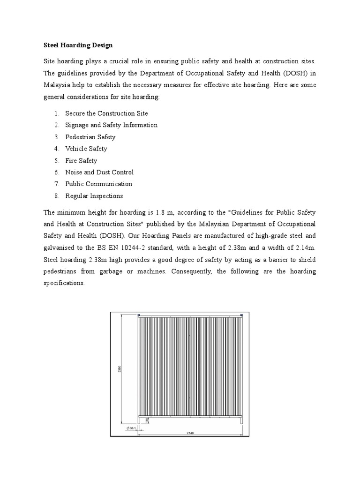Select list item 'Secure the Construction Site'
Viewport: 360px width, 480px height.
click(x=106, y=113)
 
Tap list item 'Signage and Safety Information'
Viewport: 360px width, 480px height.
click(x=111, y=125)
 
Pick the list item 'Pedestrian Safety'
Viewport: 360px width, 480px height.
click(x=90, y=137)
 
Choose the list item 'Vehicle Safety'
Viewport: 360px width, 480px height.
click(x=86, y=149)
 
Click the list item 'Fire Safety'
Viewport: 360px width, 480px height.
click(x=81, y=160)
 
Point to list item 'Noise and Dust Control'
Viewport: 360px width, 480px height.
click(x=99, y=172)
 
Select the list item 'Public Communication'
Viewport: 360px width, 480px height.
click(x=98, y=184)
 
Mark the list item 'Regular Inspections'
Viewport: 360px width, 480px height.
click(x=94, y=195)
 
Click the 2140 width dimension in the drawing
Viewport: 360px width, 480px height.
click(x=190, y=433)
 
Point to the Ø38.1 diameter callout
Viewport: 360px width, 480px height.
click(x=131, y=428)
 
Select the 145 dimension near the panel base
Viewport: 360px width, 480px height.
click(x=147, y=420)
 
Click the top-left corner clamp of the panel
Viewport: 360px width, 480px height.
click(x=138, y=315)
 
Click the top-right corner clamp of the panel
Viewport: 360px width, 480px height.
click(x=241, y=315)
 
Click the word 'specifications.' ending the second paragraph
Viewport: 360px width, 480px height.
click(x=64, y=283)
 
